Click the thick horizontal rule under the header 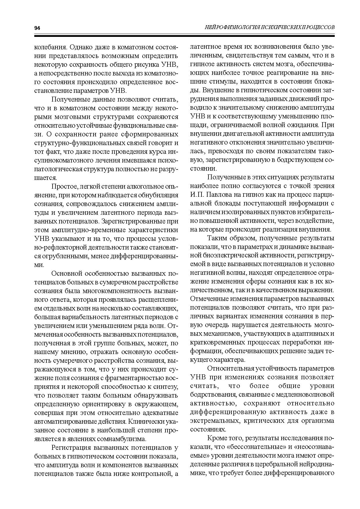[184, 36]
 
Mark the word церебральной [276, 464]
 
